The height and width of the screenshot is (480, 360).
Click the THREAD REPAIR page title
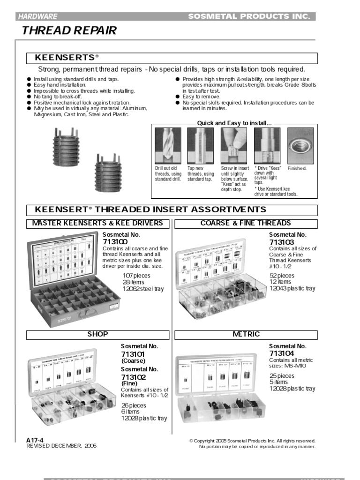(x=69, y=31)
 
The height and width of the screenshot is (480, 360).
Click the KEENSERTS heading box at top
(x=172, y=58)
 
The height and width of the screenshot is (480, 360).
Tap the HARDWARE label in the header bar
(x=38, y=16)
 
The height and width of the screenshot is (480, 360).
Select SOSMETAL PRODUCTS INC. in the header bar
(x=249, y=16)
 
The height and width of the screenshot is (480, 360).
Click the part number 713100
(x=114, y=241)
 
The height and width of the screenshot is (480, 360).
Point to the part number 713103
(x=281, y=241)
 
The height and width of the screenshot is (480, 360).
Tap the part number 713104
(x=281, y=353)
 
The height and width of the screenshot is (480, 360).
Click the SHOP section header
(x=97, y=334)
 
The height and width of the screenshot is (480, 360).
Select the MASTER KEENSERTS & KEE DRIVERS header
(x=97, y=223)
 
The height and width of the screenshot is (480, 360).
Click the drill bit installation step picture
(x=165, y=145)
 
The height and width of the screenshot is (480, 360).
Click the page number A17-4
(x=36, y=440)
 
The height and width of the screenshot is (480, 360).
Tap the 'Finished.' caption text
(x=297, y=168)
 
